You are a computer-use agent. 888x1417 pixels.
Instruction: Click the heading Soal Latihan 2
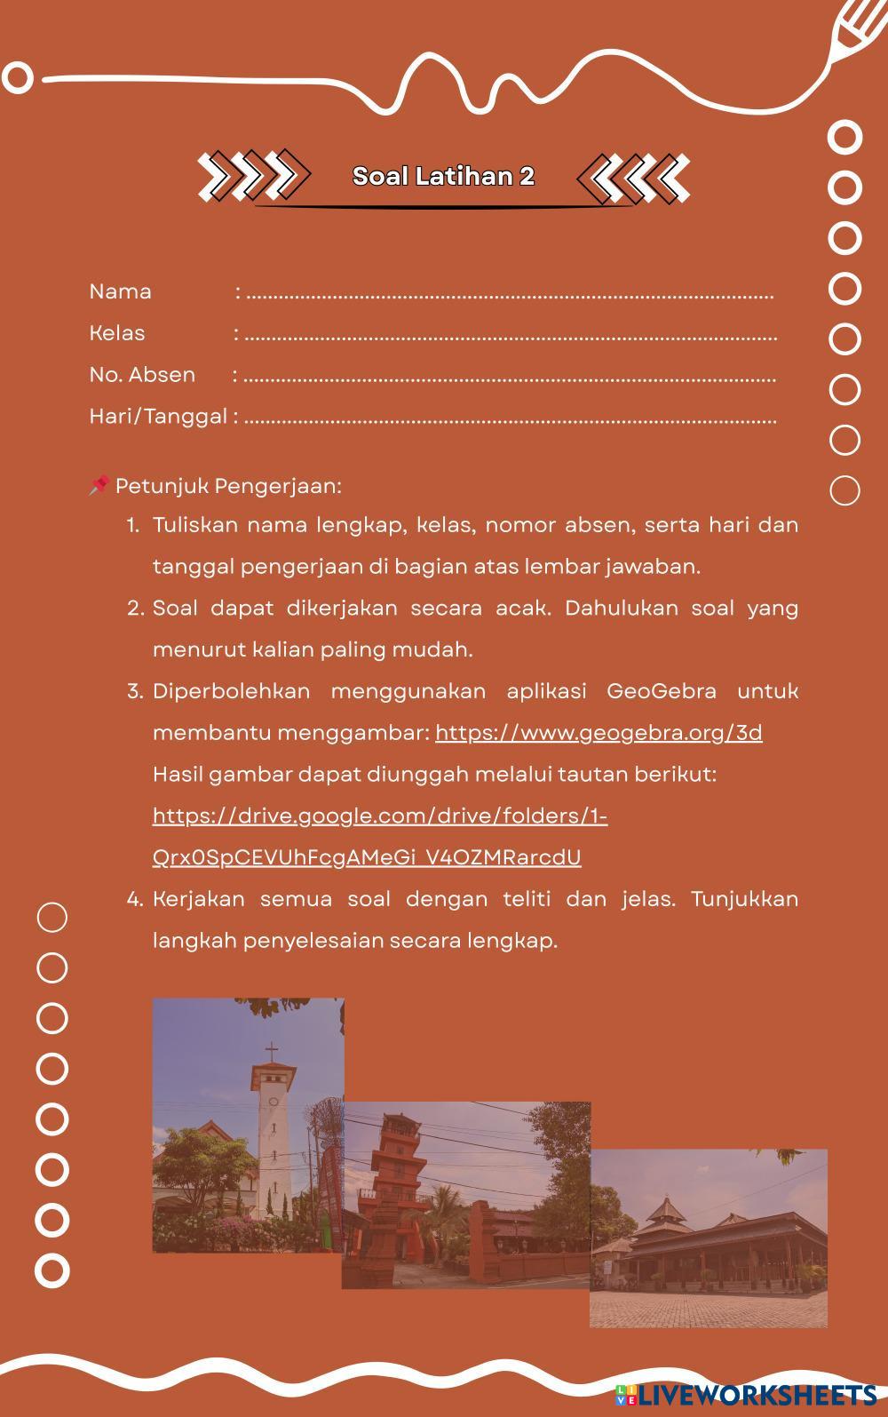click(x=443, y=176)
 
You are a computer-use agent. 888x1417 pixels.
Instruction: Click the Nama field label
click(x=120, y=291)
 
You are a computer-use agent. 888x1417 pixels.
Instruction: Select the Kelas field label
click(x=116, y=333)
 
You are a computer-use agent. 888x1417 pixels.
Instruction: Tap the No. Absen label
click(x=142, y=374)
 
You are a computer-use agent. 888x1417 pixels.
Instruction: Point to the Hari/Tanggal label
click(x=158, y=416)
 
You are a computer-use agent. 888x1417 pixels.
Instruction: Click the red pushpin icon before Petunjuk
click(x=99, y=485)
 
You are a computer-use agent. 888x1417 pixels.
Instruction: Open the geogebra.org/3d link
click(x=599, y=732)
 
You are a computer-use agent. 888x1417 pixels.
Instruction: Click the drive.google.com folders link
click(x=380, y=816)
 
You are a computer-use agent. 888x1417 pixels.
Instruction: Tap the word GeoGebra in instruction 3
click(x=662, y=691)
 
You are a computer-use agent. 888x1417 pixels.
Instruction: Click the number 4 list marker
click(x=134, y=899)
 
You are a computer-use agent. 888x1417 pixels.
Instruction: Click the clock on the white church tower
click(x=273, y=1101)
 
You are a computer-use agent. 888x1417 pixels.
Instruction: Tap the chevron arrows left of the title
click(x=254, y=174)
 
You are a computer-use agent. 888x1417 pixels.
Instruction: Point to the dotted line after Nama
click(x=509, y=294)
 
